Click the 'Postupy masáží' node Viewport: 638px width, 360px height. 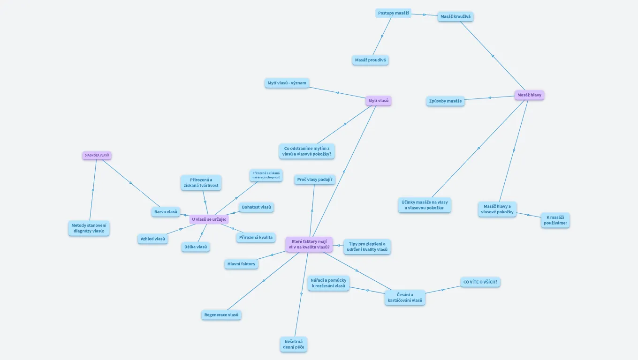pos(393,13)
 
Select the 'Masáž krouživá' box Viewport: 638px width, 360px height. pos(455,16)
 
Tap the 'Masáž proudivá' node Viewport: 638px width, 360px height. pos(370,60)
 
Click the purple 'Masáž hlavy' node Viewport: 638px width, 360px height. pos(529,95)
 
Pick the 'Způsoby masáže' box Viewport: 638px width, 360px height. pos(445,101)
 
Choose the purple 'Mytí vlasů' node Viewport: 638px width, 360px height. pos(378,101)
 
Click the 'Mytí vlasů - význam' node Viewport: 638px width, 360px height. pos(287,83)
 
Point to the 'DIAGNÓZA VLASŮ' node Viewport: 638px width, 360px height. pos(97,155)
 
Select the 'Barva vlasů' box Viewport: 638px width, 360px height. pos(166,212)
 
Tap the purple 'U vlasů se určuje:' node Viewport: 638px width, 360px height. pos(209,219)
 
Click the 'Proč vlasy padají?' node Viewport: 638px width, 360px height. pos(315,180)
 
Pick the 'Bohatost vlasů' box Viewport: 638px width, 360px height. pos(256,207)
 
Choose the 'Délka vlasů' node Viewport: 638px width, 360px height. pos(196,247)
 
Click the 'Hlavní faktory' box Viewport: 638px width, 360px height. pos(241,264)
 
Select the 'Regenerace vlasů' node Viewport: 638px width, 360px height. pos(221,315)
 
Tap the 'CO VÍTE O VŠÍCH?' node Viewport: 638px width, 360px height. pos(480,282)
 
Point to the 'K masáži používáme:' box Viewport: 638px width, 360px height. pos(556,220)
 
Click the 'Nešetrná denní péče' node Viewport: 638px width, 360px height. pos(294,345)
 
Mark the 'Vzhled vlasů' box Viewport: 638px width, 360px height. pos(152,239)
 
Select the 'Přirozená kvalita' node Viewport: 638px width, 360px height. pos(255,238)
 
